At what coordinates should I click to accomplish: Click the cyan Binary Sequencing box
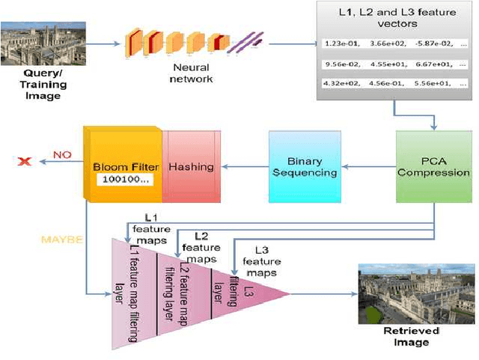[x=303, y=166]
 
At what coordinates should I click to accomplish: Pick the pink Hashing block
[x=192, y=166]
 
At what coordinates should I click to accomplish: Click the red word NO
[x=61, y=156]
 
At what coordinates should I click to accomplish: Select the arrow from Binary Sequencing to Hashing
[x=243, y=167]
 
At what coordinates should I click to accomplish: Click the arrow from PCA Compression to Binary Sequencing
[x=367, y=167]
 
